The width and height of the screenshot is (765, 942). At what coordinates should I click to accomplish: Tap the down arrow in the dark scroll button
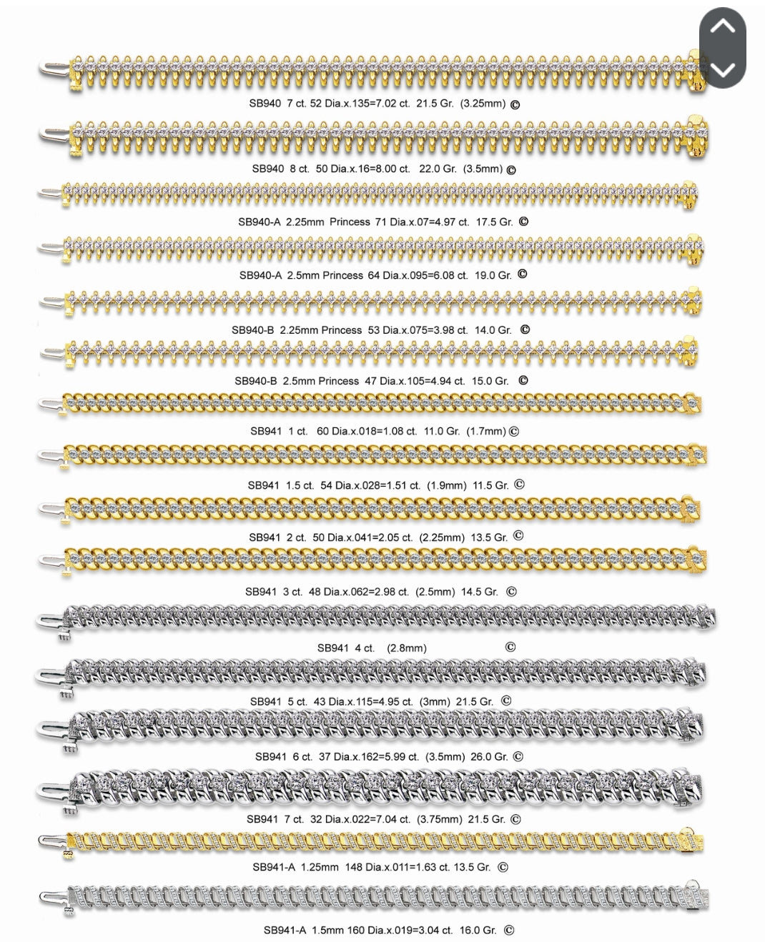coord(723,69)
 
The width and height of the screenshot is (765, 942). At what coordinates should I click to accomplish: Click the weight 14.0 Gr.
coord(493,330)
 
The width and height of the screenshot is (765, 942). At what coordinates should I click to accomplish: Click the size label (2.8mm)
coord(407,648)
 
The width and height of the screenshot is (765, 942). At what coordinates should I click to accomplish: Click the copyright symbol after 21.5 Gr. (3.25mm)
coord(515,104)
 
